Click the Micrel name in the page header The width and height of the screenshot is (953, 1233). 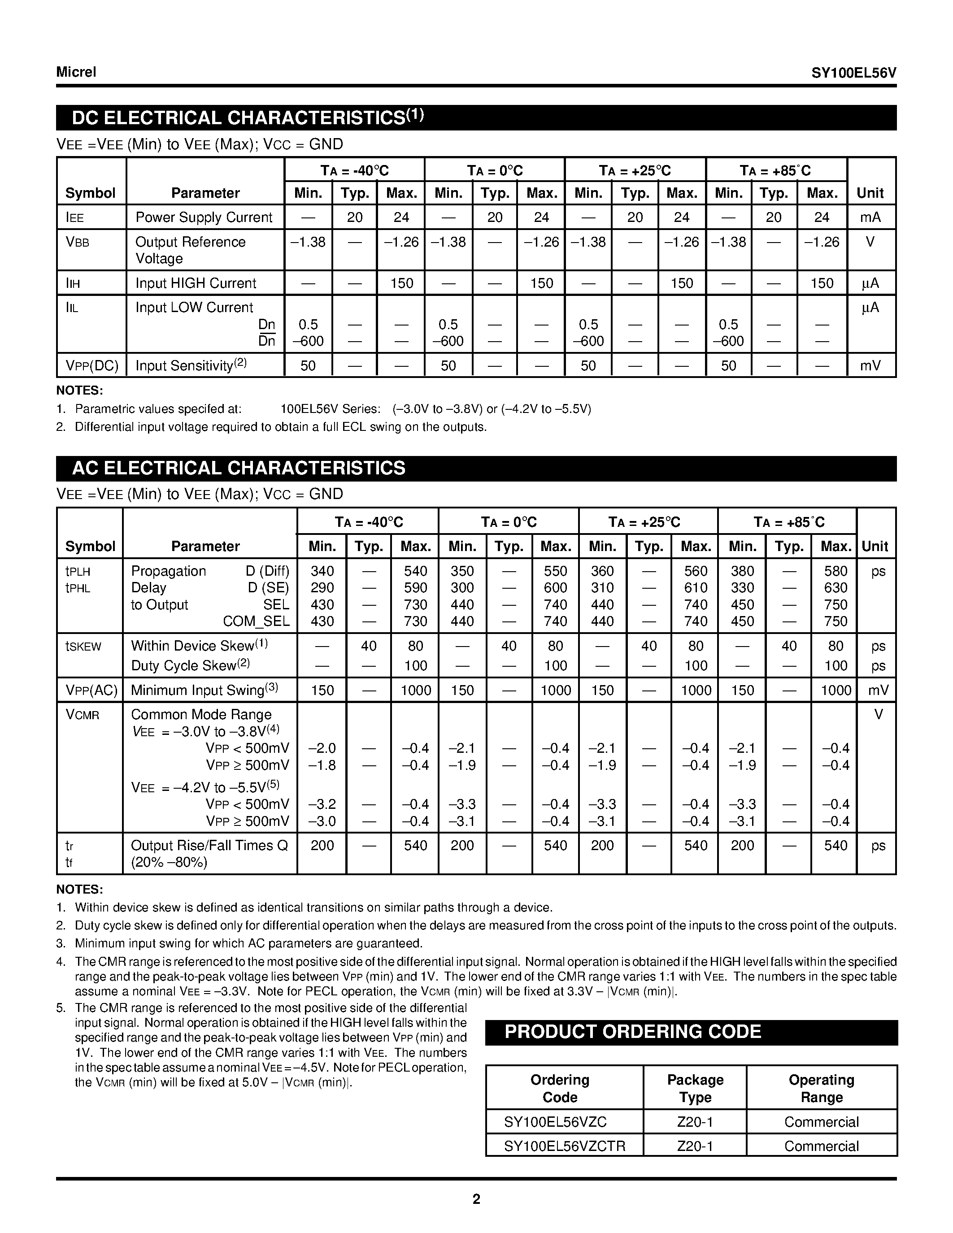pyautogui.click(x=76, y=72)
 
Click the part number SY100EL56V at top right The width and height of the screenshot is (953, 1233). pyautogui.click(x=853, y=73)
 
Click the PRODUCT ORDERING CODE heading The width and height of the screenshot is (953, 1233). pyautogui.click(x=632, y=1032)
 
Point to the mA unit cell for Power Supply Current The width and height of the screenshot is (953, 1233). pyautogui.click(x=870, y=217)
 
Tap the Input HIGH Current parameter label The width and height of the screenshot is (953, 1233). pyautogui.click(x=196, y=283)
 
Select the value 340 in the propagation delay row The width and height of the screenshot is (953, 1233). pyautogui.click(x=322, y=571)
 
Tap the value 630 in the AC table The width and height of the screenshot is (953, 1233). pyautogui.click(x=835, y=588)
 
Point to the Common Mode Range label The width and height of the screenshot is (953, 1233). pyautogui.click(x=201, y=715)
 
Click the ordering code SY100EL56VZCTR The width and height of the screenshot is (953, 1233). pyautogui.click(x=564, y=1146)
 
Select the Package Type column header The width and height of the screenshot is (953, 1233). pyautogui.click(x=695, y=1089)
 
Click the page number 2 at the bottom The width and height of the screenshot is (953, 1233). pyautogui.click(x=476, y=1199)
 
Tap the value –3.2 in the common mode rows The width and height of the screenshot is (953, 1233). pyautogui.click(x=322, y=804)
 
